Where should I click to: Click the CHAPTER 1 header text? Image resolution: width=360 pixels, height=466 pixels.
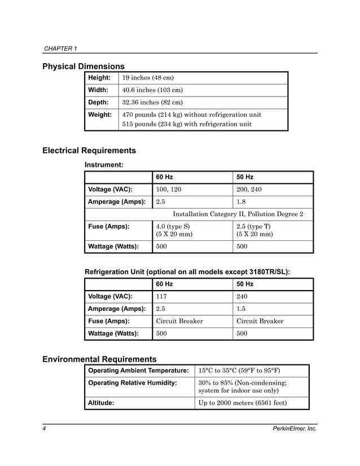pos(60,49)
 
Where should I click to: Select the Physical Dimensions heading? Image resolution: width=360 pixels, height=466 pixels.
pos(84,67)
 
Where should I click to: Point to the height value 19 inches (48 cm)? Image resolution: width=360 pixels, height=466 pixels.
pos(148,77)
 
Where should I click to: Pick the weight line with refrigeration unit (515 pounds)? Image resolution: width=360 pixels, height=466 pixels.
pos(187,124)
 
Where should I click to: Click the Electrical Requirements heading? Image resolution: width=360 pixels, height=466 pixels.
pos(89,151)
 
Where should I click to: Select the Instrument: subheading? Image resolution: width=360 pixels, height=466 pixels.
pos(104,165)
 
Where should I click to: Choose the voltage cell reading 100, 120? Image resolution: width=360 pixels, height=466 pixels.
pos(168,190)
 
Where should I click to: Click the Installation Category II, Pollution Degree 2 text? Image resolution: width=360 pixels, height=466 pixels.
pos(238,214)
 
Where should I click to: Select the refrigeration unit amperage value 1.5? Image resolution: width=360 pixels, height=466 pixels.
pos(242,309)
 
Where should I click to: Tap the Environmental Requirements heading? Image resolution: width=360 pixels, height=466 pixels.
pos(99,359)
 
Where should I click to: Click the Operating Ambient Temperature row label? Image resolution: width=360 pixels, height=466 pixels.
pos(138,371)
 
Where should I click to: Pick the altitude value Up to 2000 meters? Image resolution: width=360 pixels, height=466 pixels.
pos(242,403)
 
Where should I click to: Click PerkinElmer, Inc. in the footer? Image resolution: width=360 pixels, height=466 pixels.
pos(295,429)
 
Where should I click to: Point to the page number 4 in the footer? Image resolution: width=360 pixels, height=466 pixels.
pos(45,429)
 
